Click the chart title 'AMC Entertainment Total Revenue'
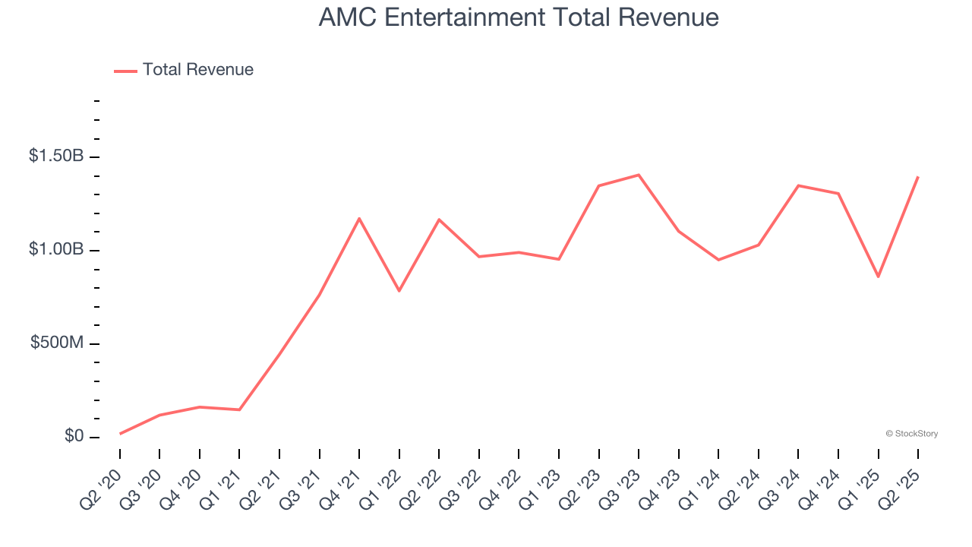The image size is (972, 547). point(518,17)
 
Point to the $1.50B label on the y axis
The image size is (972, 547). point(55,157)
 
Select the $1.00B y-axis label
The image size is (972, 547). point(55,250)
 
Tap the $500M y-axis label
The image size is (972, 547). point(57,343)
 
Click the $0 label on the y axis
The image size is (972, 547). point(74,437)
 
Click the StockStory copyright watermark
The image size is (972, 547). point(911,434)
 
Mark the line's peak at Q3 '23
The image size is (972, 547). point(639,175)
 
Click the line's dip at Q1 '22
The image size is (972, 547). point(399,291)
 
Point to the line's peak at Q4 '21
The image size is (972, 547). point(359,218)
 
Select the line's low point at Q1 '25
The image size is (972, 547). point(879,277)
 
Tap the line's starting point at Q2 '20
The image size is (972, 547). point(120,434)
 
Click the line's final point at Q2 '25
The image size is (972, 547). point(918,177)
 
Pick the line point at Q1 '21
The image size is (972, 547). point(239,410)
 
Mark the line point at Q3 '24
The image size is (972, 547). point(798,185)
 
